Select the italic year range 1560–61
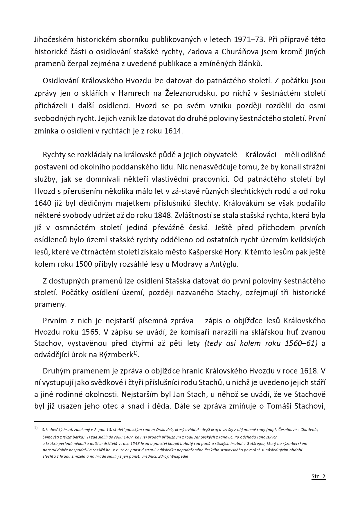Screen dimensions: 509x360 [x=301, y=343]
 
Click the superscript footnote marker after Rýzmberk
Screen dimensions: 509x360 [x=135, y=353]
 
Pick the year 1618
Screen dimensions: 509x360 [x=308, y=371]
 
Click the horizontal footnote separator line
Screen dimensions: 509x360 [x=78, y=421]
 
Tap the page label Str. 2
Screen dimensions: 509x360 [x=318, y=476]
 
